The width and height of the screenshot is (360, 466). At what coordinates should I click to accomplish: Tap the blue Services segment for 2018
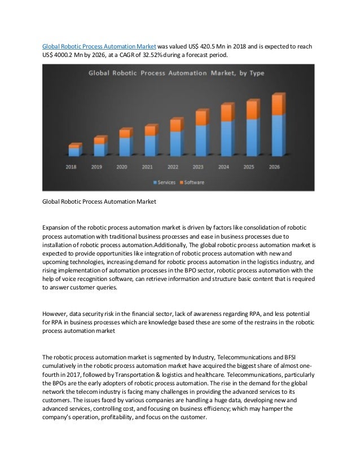[x=73, y=152]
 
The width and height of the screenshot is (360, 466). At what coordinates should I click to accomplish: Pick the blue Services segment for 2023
[x=200, y=140]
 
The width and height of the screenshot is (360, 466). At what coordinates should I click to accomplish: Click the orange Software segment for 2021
[x=150, y=131]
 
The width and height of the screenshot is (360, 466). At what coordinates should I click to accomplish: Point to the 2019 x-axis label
[x=96, y=167]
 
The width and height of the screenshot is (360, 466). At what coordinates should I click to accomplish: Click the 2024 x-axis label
[x=223, y=167]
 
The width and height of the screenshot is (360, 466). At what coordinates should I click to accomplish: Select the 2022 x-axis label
[x=173, y=167]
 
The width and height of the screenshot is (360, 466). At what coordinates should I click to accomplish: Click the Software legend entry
[x=192, y=182]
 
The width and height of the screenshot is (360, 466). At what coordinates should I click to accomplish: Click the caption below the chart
[x=99, y=201]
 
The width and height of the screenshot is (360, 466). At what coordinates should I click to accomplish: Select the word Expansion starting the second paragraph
[x=58, y=227]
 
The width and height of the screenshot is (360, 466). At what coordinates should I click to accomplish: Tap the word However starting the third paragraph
[x=56, y=313]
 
